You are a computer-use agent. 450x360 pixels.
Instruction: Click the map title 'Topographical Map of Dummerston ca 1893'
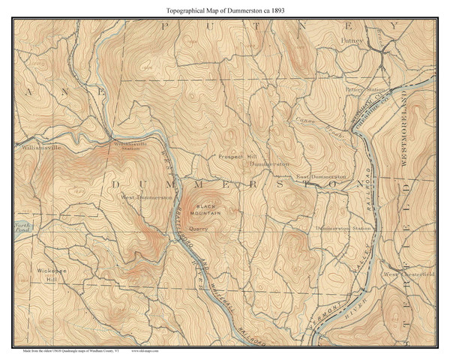click(x=225, y=10)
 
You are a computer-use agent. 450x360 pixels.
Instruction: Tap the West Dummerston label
click(x=147, y=197)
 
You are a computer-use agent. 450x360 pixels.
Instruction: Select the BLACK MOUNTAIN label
click(x=205, y=210)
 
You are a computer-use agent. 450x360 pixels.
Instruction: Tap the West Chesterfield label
click(x=409, y=274)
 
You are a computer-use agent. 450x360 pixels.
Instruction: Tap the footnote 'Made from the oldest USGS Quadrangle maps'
click(x=67, y=350)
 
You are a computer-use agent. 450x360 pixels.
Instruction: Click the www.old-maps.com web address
click(x=146, y=350)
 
